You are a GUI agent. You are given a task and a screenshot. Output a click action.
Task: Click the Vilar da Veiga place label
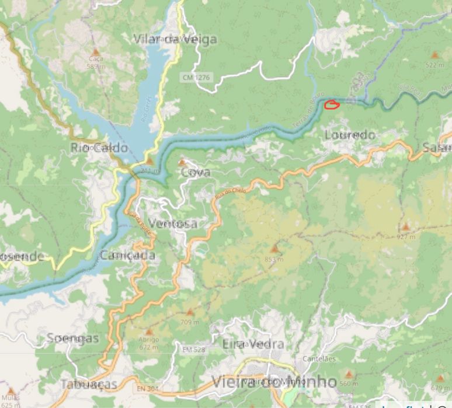[x=175, y=39]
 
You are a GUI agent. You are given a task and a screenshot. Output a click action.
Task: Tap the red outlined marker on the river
[x=332, y=105]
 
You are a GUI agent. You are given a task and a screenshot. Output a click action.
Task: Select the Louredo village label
[x=350, y=135]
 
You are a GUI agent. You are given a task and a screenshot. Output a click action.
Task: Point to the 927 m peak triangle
[x=405, y=227]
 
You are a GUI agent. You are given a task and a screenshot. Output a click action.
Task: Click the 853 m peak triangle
[x=274, y=250]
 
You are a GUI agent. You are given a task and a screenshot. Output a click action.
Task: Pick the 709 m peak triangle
[x=189, y=312]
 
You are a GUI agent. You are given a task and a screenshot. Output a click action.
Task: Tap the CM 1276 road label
[x=195, y=77]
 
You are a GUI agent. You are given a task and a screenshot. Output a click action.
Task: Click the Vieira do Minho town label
[x=274, y=382]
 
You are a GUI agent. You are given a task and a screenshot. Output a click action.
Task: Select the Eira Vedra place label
[x=245, y=344]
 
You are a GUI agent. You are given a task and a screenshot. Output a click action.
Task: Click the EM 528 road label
[x=193, y=350]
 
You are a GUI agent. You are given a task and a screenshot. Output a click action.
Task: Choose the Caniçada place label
[x=127, y=256]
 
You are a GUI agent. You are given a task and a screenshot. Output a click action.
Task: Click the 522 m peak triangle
[x=434, y=54]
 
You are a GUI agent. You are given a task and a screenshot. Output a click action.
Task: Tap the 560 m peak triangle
[x=349, y=374]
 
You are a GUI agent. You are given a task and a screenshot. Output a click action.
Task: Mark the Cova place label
[x=196, y=173]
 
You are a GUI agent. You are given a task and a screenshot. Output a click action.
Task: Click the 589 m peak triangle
[x=95, y=52]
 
